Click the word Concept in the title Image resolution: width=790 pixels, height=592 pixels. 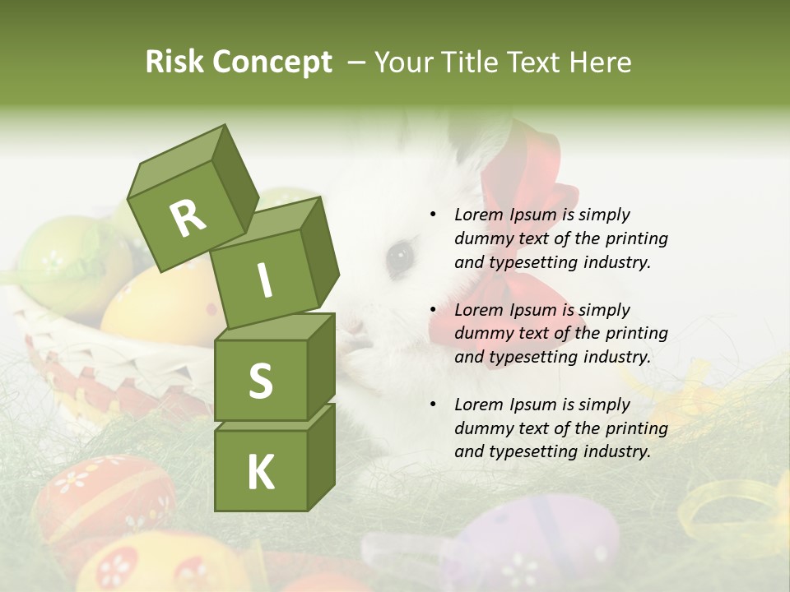(x=271, y=63)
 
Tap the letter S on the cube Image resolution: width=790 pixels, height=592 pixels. (x=260, y=381)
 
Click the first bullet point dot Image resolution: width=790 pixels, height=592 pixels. (x=433, y=215)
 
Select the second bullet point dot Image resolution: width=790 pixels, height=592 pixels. (x=433, y=310)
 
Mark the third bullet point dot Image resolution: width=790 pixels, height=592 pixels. (x=433, y=405)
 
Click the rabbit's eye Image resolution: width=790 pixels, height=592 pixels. (x=400, y=257)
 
